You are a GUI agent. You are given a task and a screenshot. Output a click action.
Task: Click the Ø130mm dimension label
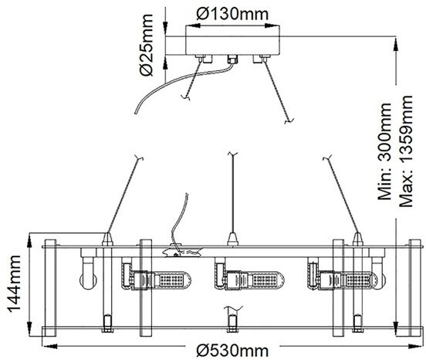232,14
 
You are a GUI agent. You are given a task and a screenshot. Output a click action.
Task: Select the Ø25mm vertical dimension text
147,45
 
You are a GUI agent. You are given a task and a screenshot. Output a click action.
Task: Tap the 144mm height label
14,284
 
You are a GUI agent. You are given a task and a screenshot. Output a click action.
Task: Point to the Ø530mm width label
232,350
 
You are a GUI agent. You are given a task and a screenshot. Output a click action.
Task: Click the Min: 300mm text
384,151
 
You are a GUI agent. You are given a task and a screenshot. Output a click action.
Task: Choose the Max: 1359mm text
406,151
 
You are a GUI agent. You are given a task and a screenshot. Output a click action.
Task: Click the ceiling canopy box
232,40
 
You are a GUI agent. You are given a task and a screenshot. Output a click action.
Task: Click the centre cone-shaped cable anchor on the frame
232,239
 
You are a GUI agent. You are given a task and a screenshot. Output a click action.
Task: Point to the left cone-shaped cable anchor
107,239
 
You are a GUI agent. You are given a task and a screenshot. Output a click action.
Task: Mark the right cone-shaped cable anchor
358,239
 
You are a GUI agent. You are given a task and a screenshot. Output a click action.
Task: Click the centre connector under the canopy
232,59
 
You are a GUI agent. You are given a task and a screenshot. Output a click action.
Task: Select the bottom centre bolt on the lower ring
232,323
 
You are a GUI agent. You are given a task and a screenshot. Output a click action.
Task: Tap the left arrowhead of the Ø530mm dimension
50,346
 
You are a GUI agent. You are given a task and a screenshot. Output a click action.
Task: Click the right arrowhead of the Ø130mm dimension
272,25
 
